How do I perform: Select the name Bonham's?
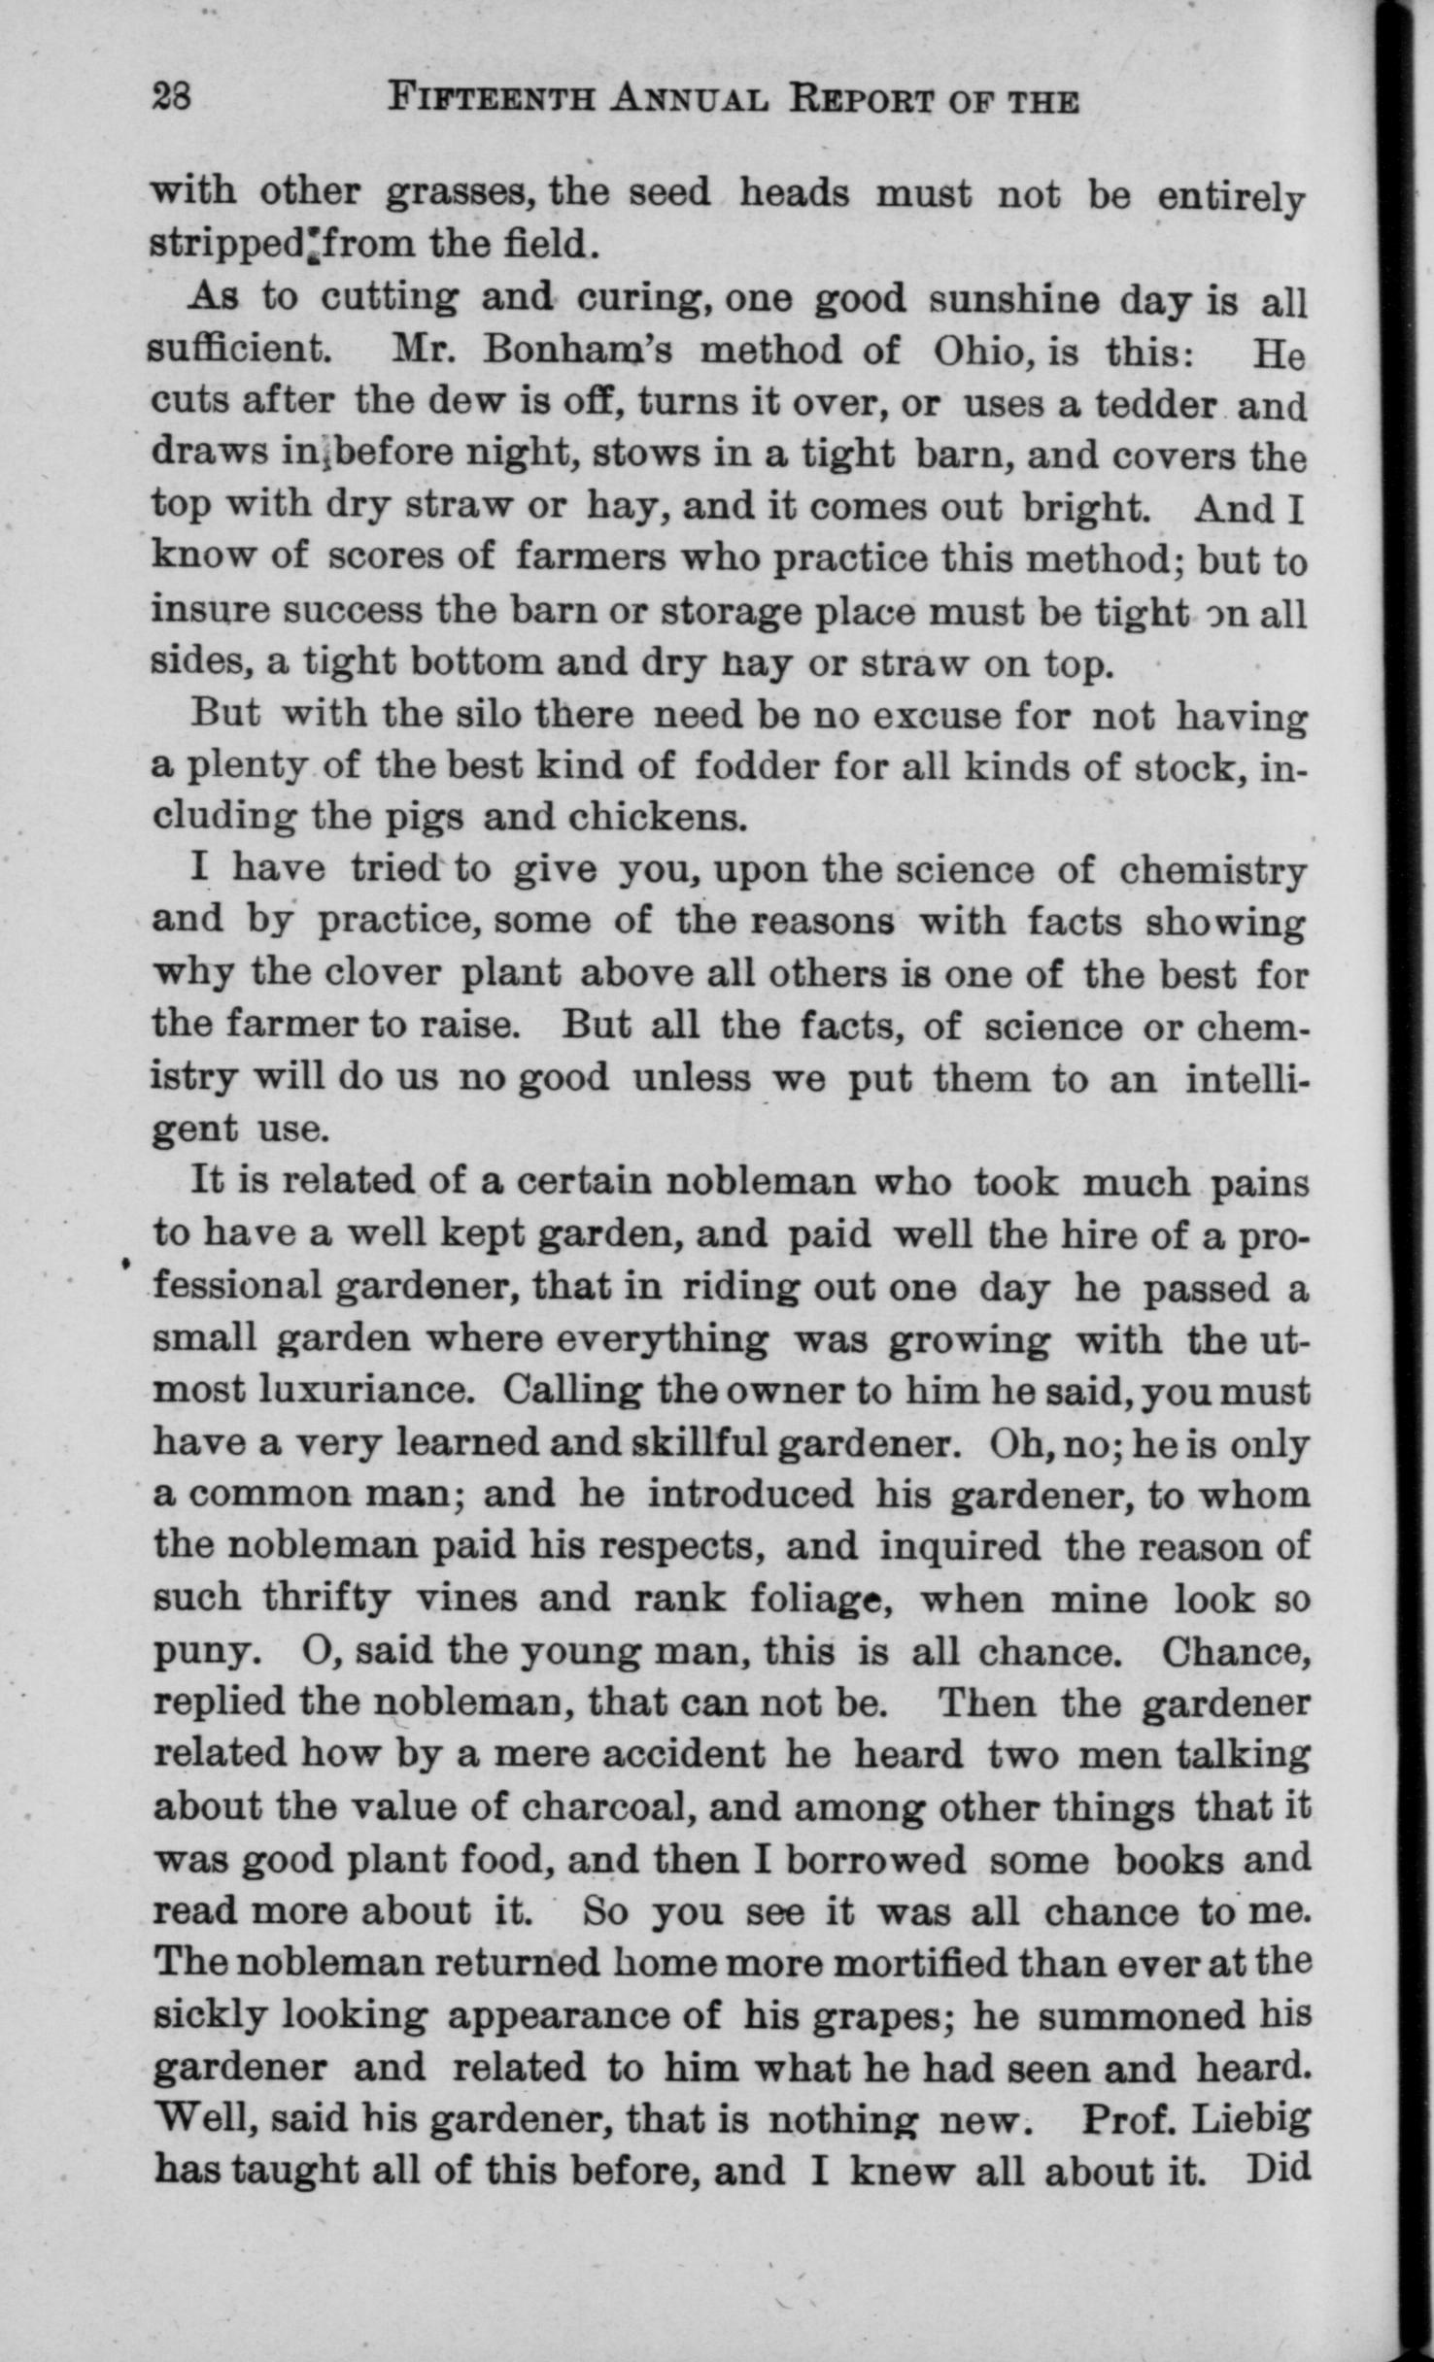(577, 351)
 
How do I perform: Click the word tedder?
(1156, 403)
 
